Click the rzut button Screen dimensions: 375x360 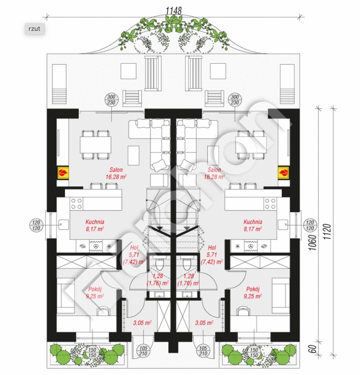(35, 29)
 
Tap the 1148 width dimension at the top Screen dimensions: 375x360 (173, 9)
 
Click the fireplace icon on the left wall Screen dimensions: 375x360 (62, 173)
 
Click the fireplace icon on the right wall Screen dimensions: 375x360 (284, 173)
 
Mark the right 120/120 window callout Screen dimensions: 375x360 (309, 225)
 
